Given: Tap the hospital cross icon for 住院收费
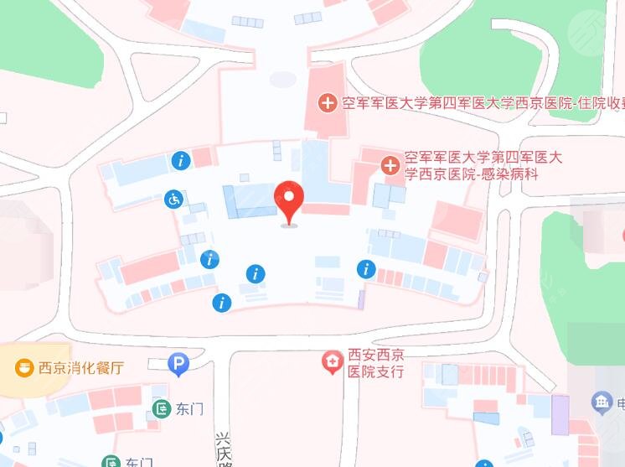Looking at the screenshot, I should (328, 104).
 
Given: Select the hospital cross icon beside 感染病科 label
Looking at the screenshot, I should (390, 165).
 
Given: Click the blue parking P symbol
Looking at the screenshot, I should (178, 364).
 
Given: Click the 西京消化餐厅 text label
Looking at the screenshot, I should (80, 368).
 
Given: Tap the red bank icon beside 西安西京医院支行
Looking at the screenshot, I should (333, 363).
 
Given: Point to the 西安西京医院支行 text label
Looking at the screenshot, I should (375, 364).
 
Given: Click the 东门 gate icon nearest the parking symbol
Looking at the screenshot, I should (162, 409).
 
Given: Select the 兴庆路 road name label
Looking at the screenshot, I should (222, 449).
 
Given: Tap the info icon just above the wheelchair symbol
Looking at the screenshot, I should (180, 159).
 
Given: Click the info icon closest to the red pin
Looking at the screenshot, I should (256, 273).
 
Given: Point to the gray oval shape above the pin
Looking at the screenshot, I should (282, 80).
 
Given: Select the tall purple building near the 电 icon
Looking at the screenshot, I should (560, 414).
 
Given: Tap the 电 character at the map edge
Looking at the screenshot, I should (621, 404).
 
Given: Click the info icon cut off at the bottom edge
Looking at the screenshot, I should (485, 463).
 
